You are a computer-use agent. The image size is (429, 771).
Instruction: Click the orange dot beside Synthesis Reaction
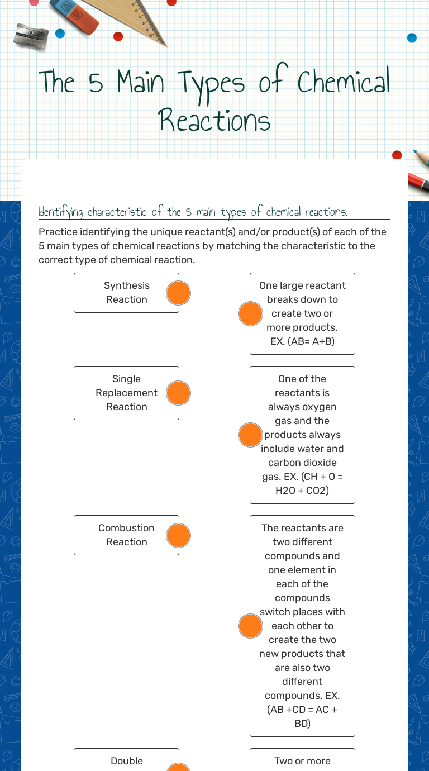coord(179,293)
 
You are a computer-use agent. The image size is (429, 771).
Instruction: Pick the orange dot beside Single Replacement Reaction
coord(179,393)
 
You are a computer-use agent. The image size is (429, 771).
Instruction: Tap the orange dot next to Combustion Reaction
coord(179,535)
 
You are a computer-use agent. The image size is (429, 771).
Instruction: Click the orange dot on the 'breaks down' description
coord(250,313)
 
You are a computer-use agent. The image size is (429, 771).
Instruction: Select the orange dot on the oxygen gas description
coord(250,435)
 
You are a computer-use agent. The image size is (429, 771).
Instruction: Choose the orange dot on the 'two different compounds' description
coord(250,626)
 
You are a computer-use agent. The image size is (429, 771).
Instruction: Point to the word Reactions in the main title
coord(214,120)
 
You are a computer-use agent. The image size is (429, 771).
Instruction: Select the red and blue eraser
coord(74,16)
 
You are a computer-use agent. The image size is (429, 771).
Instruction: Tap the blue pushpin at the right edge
coord(412,38)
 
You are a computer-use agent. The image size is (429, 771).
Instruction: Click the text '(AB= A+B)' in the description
coord(302,341)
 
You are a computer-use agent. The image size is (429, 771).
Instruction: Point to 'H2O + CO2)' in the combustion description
coord(302,491)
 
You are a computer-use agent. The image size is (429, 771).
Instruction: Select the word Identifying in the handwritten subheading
coord(61,212)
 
